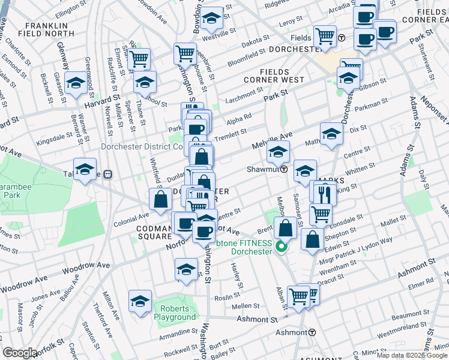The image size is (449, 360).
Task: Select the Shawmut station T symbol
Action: coord(283,169)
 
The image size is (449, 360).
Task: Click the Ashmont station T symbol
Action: coord(312,332)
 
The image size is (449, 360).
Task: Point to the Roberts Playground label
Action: coord(175,313)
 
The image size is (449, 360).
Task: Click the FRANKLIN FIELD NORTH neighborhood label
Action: coord(46,29)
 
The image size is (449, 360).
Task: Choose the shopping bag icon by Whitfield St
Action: coord(160,200)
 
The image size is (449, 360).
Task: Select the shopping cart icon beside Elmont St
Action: coord(139,59)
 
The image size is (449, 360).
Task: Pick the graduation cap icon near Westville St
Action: coord(211,19)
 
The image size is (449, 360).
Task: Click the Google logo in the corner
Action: coord(20,353)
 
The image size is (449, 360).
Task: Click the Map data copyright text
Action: coord(412,355)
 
